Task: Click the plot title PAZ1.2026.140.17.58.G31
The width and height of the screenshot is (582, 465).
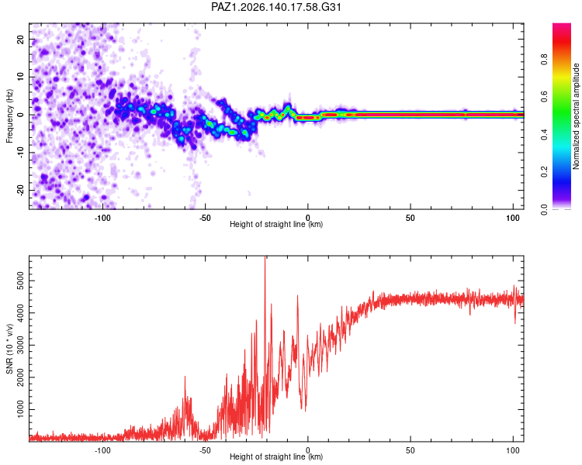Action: (x=275, y=7)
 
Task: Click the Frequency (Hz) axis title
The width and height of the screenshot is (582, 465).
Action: (x=9, y=116)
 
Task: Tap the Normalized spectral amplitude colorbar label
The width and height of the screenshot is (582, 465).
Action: (x=576, y=116)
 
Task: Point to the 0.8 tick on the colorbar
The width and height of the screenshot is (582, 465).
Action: (x=544, y=60)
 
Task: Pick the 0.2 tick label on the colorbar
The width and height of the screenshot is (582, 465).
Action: (x=544, y=172)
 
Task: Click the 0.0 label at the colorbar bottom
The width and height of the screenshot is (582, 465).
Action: (x=544, y=209)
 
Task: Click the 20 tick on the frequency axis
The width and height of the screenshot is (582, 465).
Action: (x=21, y=40)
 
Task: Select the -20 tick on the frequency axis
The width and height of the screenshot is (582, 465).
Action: (x=21, y=190)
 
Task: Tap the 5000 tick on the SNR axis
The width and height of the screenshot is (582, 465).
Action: (x=21, y=281)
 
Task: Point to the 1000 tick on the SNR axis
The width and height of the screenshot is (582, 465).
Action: (x=21, y=409)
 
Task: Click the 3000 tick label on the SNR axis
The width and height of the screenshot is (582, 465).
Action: (x=21, y=345)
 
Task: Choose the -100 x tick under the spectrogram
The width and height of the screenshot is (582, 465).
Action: (x=102, y=218)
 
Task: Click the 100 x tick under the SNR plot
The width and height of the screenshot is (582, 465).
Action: (x=513, y=450)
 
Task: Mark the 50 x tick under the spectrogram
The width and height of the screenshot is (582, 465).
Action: (x=411, y=218)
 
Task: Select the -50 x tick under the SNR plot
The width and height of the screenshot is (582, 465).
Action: (x=205, y=450)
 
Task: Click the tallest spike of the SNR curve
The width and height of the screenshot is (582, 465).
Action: (x=265, y=257)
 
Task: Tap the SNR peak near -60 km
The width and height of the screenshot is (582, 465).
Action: (x=185, y=377)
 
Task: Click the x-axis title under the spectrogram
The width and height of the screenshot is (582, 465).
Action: (x=276, y=224)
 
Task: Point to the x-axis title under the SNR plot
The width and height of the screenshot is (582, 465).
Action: (x=276, y=456)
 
